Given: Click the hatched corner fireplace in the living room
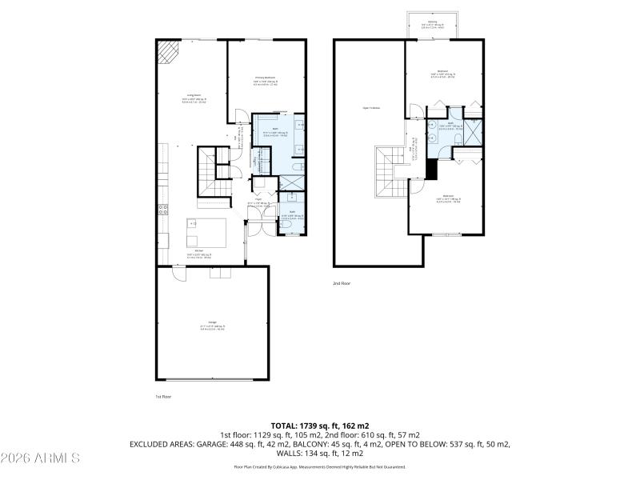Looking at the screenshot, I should pos(167,53).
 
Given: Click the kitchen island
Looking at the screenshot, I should pos(206,232).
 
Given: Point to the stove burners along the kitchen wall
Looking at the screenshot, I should pos(162,210).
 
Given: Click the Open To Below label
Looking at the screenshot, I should pos(370,107).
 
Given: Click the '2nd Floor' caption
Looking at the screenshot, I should pos(342,283).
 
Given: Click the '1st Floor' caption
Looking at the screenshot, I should pos(163,396).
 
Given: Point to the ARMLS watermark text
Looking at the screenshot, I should pos(40,458).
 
